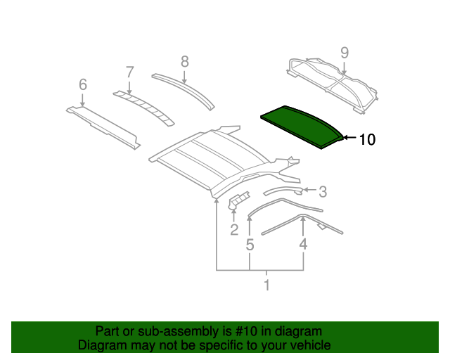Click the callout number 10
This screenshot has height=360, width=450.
click(367, 140)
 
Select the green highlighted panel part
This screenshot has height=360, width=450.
click(302, 125)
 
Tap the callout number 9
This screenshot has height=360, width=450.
click(345, 52)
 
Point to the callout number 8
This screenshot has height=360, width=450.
click(185, 62)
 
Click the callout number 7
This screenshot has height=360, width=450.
click(129, 71)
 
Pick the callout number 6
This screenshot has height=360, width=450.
click(83, 85)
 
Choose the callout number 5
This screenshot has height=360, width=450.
click(250, 245)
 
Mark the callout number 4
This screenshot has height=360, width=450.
click(303, 244)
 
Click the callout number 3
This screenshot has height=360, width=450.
click(323, 191)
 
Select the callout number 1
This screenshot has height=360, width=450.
click(266, 285)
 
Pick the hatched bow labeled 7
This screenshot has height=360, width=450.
click(145, 105)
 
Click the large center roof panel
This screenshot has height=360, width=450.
click(211, 158)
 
